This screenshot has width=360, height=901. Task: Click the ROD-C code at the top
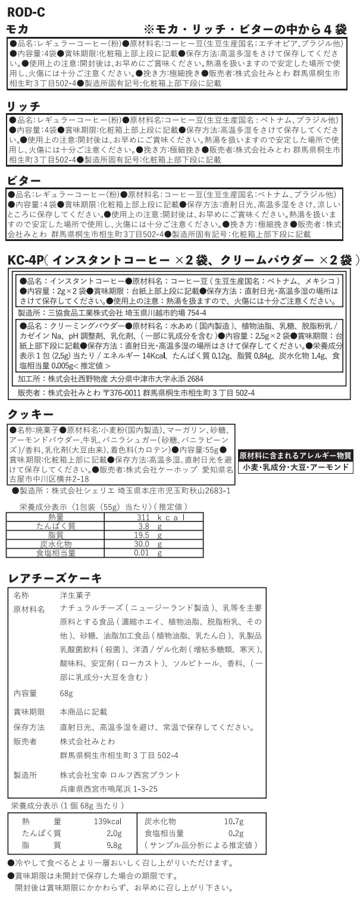tap(25, 11)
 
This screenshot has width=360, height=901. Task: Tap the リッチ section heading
tap(23, 106)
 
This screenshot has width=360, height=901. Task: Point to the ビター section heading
tap(23, 180)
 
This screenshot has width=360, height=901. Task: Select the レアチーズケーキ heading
tap(54, 578)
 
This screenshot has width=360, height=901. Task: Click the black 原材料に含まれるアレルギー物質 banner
tap(295, 455)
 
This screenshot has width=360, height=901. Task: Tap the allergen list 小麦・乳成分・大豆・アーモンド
tap(295, 467)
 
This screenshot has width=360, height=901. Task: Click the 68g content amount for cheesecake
tap(67, 693)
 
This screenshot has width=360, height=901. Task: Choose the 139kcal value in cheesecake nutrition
tap(108, 821)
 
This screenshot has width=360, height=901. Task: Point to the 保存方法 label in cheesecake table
tap(29, 727)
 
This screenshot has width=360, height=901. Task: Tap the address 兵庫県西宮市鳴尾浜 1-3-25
tap(109, 789)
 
